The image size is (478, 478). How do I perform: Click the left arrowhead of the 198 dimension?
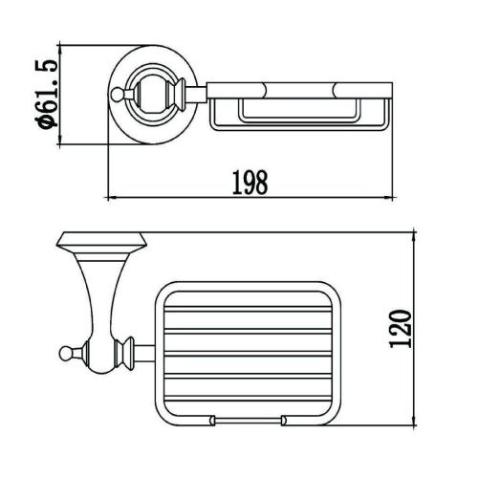pyautogui.click(x=108, y=199)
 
